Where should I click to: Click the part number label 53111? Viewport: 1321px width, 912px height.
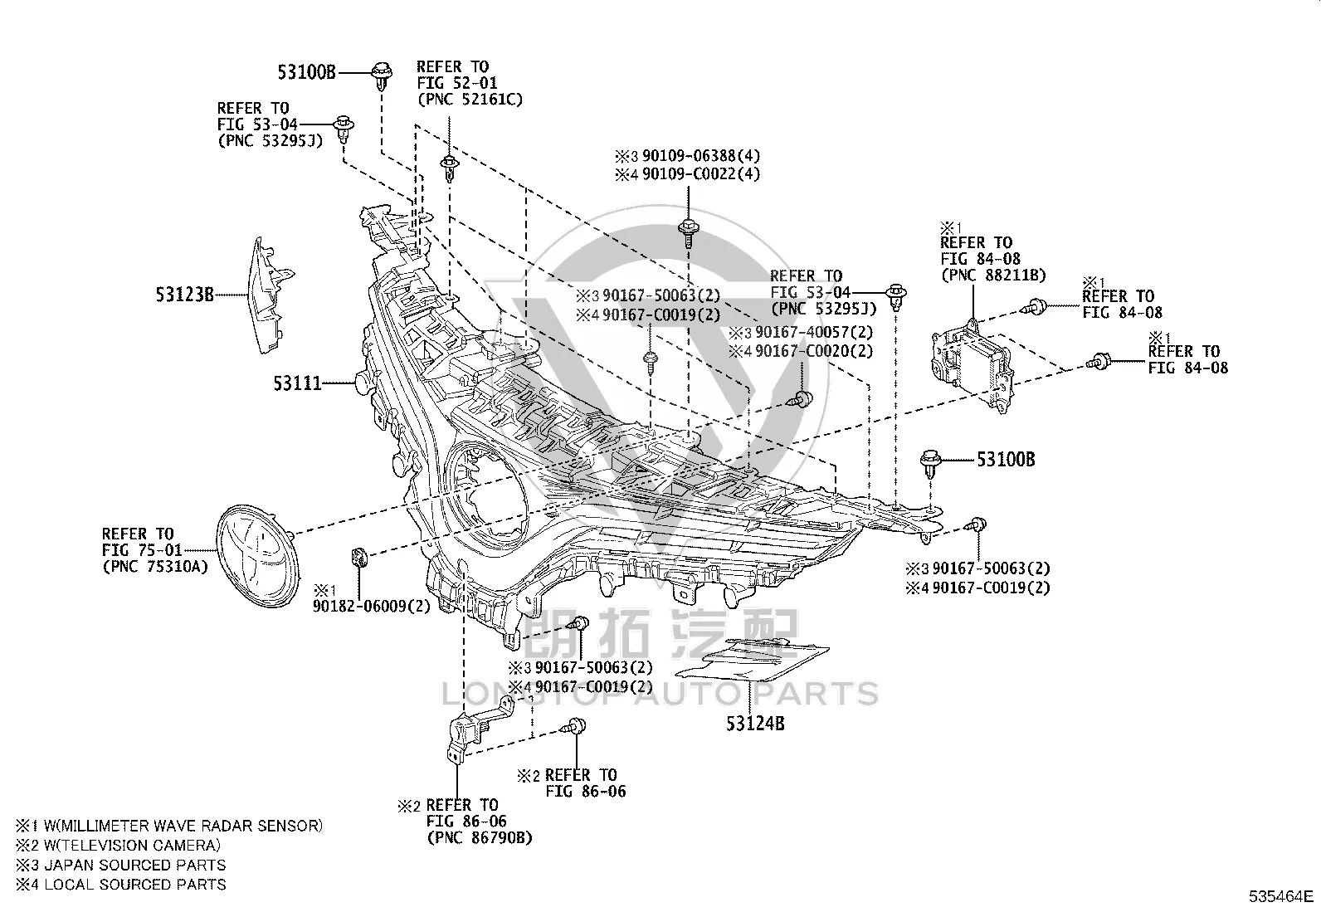(297, 384)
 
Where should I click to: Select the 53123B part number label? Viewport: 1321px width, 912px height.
(184, 295)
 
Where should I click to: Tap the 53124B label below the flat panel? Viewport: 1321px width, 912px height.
(755, 724)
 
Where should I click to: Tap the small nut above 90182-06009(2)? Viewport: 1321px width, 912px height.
(358, 557)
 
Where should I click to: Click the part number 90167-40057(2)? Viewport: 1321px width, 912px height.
(814, 332)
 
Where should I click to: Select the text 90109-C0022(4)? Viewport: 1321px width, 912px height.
(701, 174)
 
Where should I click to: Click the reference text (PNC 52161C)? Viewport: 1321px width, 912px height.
(470, 99)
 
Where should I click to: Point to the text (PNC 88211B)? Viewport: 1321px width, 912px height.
(993, 275)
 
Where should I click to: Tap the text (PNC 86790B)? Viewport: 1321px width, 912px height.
(480, 837)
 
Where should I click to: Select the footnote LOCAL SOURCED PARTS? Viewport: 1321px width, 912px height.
(135, 885)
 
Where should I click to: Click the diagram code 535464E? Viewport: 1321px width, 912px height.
(1281, 896)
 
